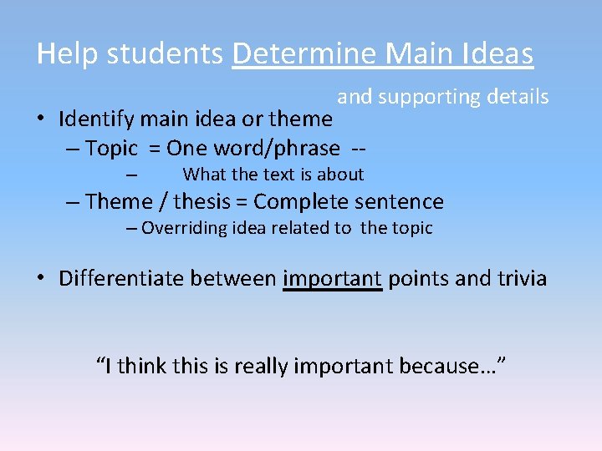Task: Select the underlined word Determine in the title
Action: click(304, 54)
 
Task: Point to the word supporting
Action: click(429, 98)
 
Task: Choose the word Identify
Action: click(94, 119)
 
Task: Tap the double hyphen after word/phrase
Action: click(360, 149)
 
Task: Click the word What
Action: click(202, 175)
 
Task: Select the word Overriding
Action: click(179, 229)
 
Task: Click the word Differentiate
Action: click(121, 278)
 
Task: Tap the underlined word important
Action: click(333, 278)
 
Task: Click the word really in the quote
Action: click(264, 366)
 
